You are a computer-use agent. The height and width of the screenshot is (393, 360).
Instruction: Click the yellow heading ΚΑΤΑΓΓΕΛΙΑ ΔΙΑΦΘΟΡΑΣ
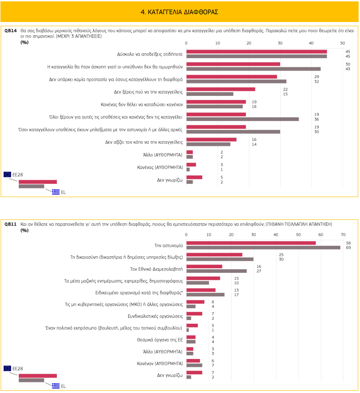point(179,11)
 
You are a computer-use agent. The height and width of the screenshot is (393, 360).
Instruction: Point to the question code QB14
point(11,30)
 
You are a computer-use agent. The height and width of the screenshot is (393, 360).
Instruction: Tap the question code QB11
point(11,224)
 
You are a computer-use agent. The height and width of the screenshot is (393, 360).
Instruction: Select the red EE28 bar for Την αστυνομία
point(251,243)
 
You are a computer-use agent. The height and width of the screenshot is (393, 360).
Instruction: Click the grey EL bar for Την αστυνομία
point(263,248)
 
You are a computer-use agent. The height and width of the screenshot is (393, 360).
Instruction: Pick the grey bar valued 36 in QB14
point(242,119)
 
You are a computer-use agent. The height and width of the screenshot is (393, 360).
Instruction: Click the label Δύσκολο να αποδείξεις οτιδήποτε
point(153,54)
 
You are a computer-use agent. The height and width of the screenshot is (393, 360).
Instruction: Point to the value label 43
point(348,69)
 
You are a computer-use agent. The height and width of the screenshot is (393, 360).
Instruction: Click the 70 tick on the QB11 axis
point(343,235)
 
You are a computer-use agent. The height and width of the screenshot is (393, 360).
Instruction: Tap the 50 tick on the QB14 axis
point(343,43)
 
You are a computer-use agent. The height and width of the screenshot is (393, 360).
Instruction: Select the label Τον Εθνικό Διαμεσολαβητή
point(157,269)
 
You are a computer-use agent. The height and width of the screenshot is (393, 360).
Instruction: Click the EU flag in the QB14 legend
point(7,174)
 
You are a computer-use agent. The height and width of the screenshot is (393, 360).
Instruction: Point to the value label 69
point(348,248)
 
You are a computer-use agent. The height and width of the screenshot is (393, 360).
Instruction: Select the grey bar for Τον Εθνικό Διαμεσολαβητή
point(216,271)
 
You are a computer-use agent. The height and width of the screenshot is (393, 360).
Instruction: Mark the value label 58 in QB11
point(348,243)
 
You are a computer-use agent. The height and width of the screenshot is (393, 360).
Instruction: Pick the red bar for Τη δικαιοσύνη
point(214,255)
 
